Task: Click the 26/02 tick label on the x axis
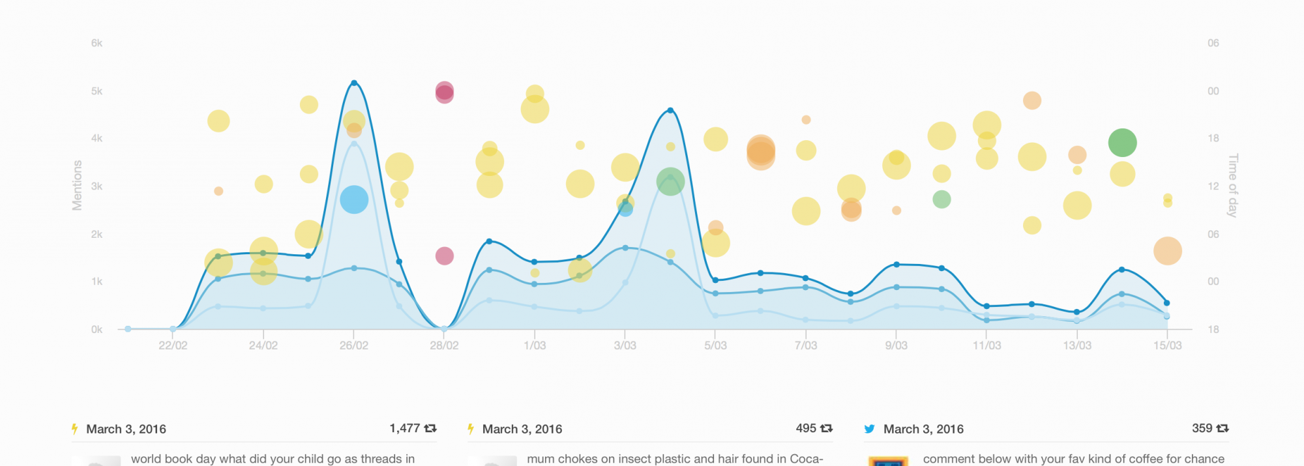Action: click(353, 345)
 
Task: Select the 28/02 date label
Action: click(444, 345)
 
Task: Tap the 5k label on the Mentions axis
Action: click(96, 91)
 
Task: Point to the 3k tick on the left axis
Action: click(96, 186)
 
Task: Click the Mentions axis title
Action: click(77, 186)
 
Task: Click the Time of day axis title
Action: click(1232, 186)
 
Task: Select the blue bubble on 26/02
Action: click(354, 199)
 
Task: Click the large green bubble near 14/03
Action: click(1122, 143)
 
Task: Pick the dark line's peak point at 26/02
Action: click(354, 83)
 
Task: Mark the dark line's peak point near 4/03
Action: click(670, 110)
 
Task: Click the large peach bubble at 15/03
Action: click(1167, 251)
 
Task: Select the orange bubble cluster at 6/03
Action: click(761, 152)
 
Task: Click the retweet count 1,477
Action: click(404, 428)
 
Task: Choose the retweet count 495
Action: click(806, 428)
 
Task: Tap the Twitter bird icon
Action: click(869, 429)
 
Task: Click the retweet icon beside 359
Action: click(1223, 428)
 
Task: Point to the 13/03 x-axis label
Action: click(1076, 345)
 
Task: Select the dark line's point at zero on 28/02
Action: click(444, 329)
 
